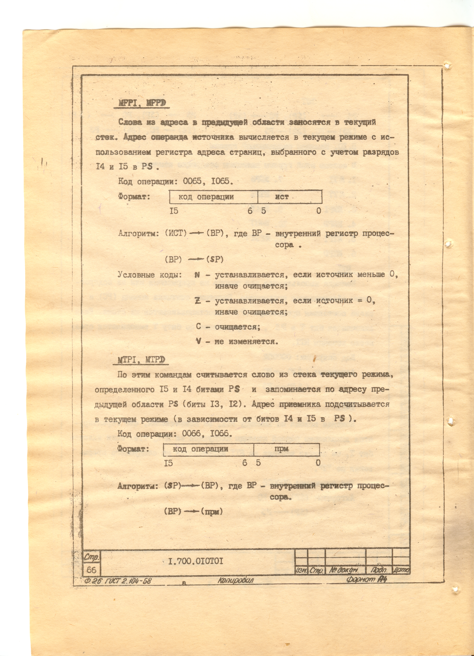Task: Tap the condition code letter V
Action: point(198,341)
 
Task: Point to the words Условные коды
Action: point(149,274)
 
